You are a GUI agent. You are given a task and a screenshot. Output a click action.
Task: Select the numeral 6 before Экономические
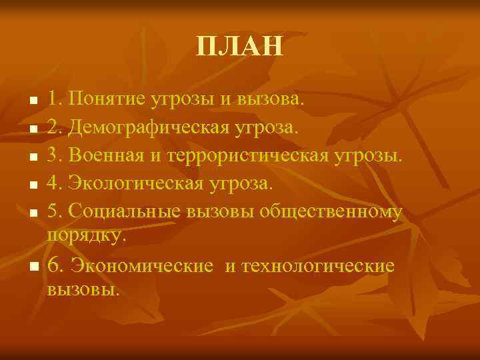tap(53, 265)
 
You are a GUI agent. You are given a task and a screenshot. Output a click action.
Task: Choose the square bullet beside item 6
tap(34, 267)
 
